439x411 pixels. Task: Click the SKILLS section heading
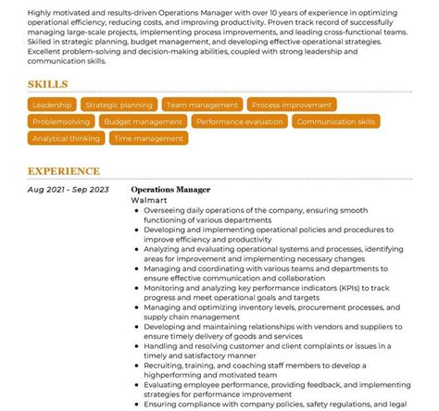(x=47, y=84)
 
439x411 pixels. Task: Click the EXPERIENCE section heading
(x=63, y=171)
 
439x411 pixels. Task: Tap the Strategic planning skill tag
(x=118, y=106)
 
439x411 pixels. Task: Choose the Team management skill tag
(x=202, y=106)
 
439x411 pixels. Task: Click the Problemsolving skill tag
(x=60, y=121)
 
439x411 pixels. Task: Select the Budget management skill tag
(x=144, y=121)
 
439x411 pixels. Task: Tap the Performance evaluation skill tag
(x=240, y=121)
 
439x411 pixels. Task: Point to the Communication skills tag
(x=336, y=121)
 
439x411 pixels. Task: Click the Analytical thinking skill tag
(x=66, y=138)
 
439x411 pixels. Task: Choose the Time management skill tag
(x=148, y=138)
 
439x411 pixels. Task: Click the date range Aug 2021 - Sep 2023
(x=69, y=189)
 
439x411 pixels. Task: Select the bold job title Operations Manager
(x=170, y=189)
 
